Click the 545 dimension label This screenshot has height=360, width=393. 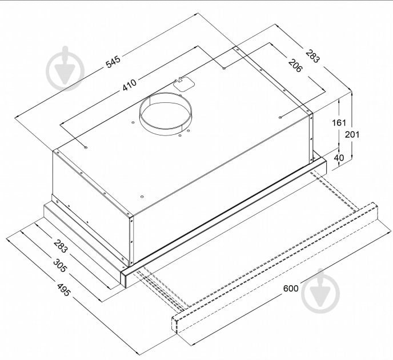click(113, 62)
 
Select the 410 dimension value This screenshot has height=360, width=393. click(130, 85)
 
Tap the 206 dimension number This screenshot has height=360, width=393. click(295, 65)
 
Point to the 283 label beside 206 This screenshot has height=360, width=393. click(312, 56)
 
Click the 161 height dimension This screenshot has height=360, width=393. click(339, 123)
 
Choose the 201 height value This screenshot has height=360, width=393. click(352, 135)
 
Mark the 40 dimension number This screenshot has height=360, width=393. click(339, 158)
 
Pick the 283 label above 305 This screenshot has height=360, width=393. click(61, 246)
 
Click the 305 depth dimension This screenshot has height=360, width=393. click(60, 266)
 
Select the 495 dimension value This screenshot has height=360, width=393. click(63, 290)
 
